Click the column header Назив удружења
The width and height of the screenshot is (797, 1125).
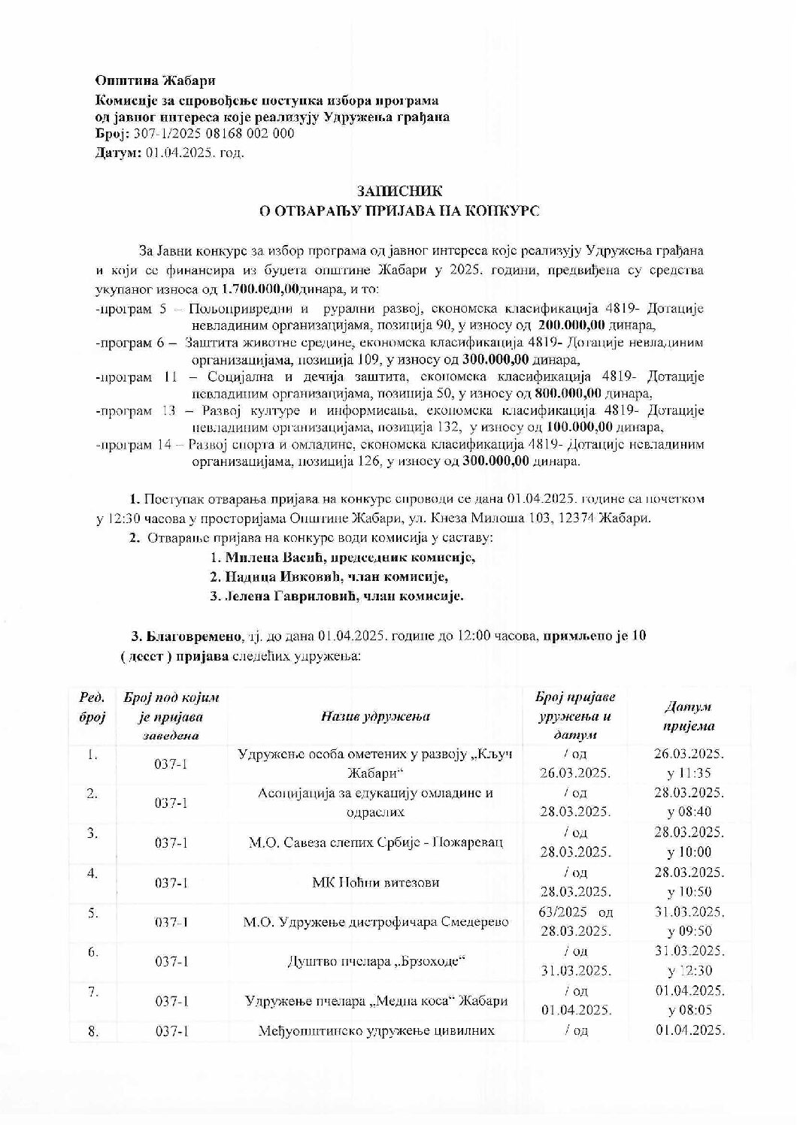pyautogui.click(x=375, y=716)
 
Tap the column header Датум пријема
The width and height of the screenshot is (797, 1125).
pyautogui.click(x=689, y=716)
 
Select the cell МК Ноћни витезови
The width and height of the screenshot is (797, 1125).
pyautogui.click(x=375, y=882)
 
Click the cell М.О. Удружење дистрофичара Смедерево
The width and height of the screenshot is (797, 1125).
pyautogui.click(x=375, y=922)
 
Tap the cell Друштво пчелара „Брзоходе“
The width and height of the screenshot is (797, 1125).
pyautogui.click(x=375, y=961)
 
